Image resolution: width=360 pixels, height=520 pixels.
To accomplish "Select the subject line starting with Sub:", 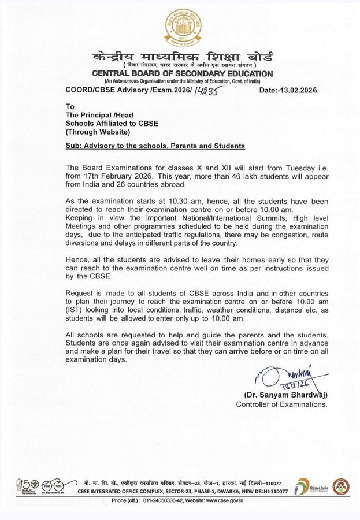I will tap(155, 146).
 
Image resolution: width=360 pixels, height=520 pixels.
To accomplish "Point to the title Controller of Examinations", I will tap(281, 404).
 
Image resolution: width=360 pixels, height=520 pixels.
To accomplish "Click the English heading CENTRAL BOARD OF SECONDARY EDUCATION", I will tap(181, 74).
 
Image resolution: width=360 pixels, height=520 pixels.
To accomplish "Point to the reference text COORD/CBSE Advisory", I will tap(107, 90).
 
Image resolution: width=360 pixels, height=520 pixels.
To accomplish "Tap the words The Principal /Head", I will tap(96, 115).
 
